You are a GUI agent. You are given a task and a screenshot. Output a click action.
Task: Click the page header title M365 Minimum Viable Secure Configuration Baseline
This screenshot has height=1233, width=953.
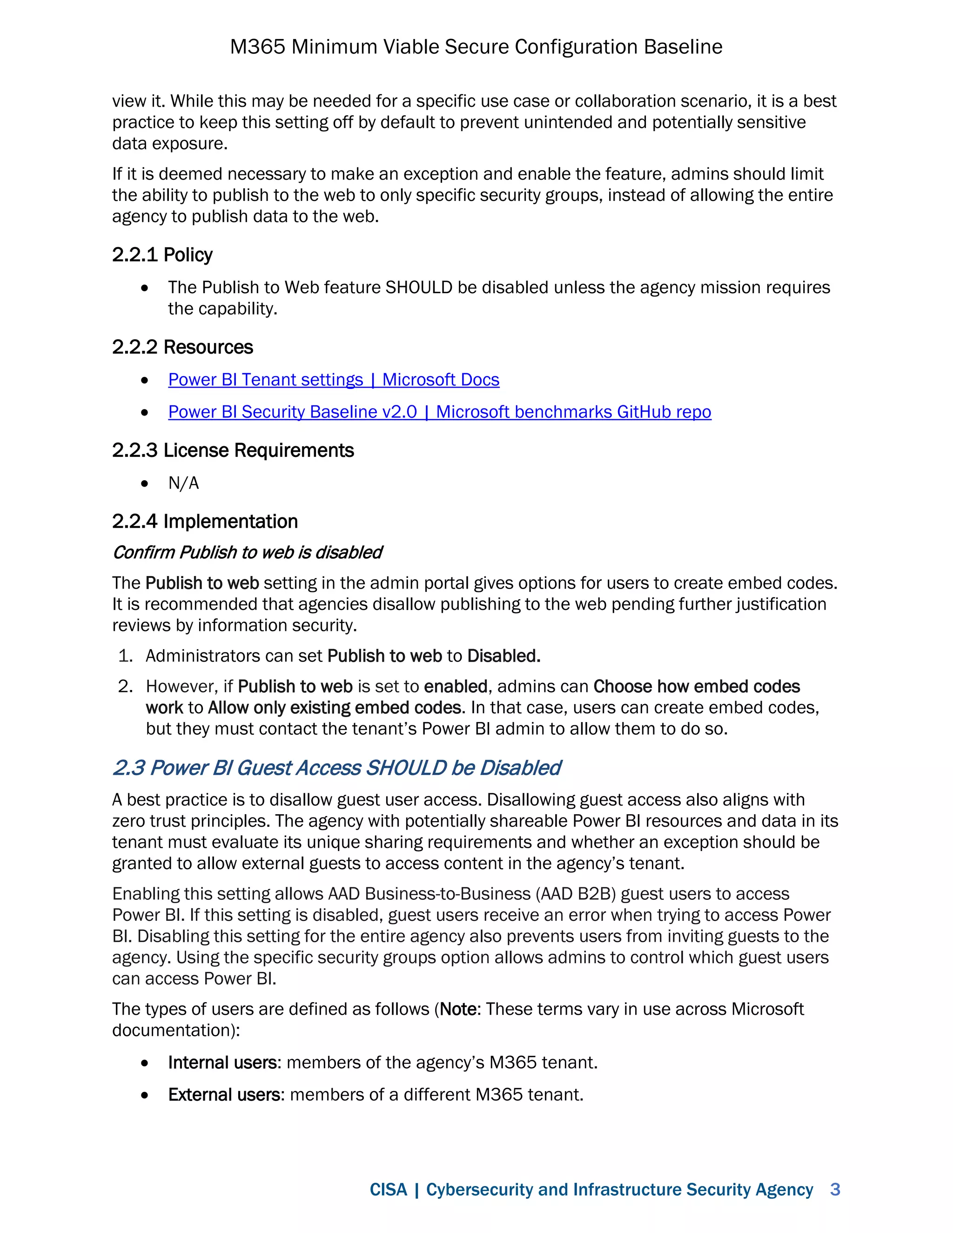pos(476,47)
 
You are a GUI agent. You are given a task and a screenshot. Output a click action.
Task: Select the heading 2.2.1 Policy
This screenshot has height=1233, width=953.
pos(162,255)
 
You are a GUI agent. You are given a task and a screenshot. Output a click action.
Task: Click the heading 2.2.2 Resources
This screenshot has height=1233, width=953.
pos(182,347)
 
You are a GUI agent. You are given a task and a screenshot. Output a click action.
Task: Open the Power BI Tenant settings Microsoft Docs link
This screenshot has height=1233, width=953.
pos(333,380)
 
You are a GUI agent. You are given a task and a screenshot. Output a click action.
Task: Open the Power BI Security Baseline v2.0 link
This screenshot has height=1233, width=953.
pos(439,412)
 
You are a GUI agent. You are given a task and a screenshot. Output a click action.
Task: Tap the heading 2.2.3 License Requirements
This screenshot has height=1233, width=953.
pos(233,450)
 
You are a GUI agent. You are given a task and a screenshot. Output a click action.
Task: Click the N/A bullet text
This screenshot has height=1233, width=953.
pos(183,483)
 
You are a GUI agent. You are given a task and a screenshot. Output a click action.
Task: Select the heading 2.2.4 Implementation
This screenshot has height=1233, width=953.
pos(204,522)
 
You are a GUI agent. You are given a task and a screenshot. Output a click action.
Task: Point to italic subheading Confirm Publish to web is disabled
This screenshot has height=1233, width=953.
pos(247,553)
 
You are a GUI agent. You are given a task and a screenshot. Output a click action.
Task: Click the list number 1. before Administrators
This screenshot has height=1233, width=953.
pos(125,656)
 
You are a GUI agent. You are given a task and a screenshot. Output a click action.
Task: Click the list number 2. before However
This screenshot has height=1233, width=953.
pos(125,686)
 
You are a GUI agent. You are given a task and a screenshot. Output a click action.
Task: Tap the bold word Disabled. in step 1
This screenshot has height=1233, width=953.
pos(503,656)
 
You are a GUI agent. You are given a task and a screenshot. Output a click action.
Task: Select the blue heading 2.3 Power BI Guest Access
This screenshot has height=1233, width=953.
pos(336,768)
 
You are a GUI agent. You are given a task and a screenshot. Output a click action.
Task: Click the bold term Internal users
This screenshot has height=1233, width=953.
pos(223,1063)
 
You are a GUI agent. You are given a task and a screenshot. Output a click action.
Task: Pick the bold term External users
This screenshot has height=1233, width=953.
pos(225,1095)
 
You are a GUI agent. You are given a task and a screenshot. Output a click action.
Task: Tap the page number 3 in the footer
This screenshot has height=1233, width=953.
pos(835,1190)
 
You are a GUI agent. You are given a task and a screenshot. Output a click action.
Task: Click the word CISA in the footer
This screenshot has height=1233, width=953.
pos(388,1190)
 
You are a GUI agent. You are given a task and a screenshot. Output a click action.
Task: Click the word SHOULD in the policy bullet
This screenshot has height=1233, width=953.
pos(419,288)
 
